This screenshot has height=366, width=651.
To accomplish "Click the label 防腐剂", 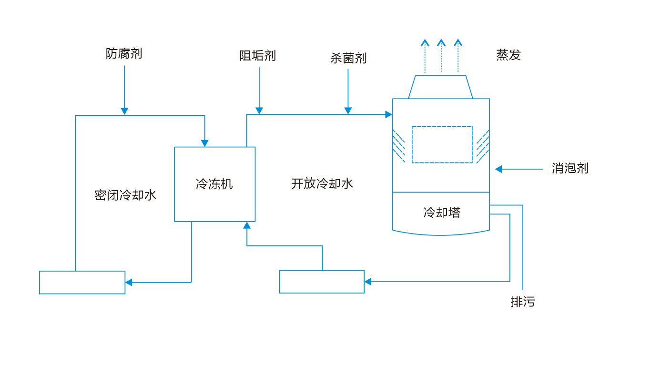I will coord(124,53).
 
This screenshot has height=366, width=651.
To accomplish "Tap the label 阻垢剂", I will coord(257,56).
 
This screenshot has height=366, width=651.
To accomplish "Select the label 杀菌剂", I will coord(348,58).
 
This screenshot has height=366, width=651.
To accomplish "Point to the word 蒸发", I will coord(508,55).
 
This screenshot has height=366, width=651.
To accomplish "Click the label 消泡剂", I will coord(570,168).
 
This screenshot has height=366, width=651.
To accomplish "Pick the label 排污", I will coord(523,302).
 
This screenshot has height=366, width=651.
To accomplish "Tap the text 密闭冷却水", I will coord(125,195).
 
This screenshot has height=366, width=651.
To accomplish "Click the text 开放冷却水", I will coord(322,183).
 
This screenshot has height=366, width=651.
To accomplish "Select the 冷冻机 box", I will coord(214,184).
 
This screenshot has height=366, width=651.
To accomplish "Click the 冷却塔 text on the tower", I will coord(442,212).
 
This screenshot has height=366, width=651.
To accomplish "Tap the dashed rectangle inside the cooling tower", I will coord(442,144).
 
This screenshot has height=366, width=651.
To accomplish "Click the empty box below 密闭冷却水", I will coord(82,282).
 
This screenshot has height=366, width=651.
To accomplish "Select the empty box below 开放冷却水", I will coord(322,281).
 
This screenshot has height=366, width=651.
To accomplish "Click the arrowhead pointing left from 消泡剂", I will coord(498,169).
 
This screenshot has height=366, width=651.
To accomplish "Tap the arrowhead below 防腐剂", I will coord(124,112).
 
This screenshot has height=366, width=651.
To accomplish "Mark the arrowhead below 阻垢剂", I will coord(259,111).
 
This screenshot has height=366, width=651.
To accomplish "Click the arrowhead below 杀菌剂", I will coord(348,111).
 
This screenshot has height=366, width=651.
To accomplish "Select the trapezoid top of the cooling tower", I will coord(440,87).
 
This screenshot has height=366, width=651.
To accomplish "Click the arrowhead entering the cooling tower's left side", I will coord(389,114).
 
